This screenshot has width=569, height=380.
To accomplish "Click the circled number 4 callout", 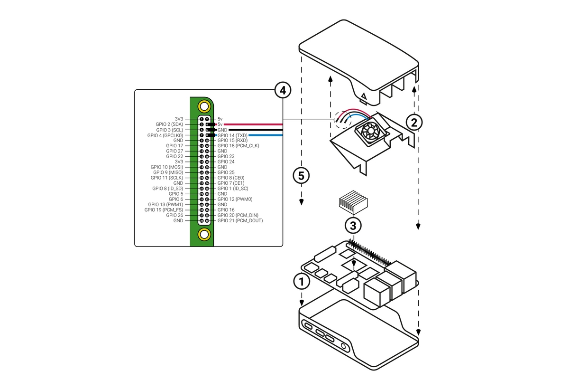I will (282, 89).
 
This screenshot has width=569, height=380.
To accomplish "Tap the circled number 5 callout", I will (301, 175).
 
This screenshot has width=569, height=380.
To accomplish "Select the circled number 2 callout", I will (414, 123).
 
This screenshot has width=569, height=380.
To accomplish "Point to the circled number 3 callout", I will (353, 224).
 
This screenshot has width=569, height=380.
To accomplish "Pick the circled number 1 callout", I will (301, 281).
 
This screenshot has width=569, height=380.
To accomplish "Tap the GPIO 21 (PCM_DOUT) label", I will (240, 221).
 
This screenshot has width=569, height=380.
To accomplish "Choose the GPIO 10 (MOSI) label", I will (167, 167).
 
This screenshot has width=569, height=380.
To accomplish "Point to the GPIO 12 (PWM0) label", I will (235, 199).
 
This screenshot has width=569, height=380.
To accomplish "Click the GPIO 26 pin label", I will (174, 215).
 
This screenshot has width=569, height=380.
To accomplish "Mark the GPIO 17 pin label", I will (174, 145).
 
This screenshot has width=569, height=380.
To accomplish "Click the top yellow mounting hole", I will (204, 106).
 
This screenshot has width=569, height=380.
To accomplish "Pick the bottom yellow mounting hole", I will (204, 234).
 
